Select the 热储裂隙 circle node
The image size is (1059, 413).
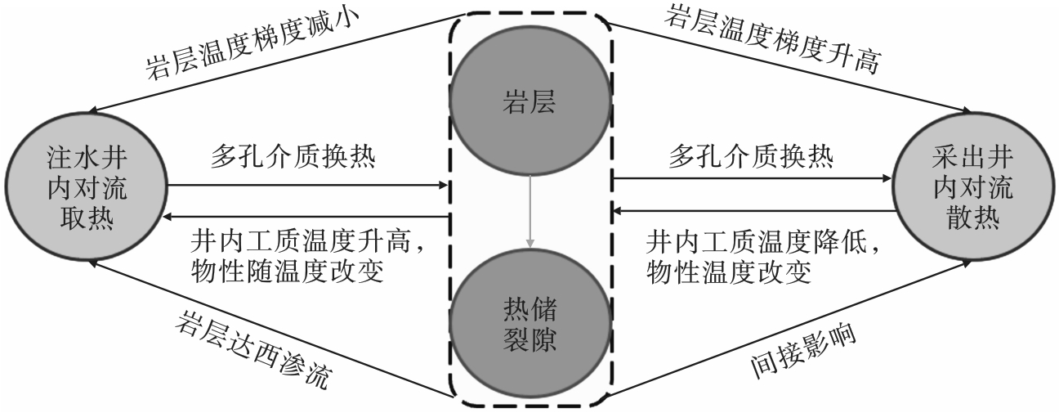click(x=529, y=319)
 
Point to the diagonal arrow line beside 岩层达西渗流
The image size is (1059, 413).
click(x=270, y=327)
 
